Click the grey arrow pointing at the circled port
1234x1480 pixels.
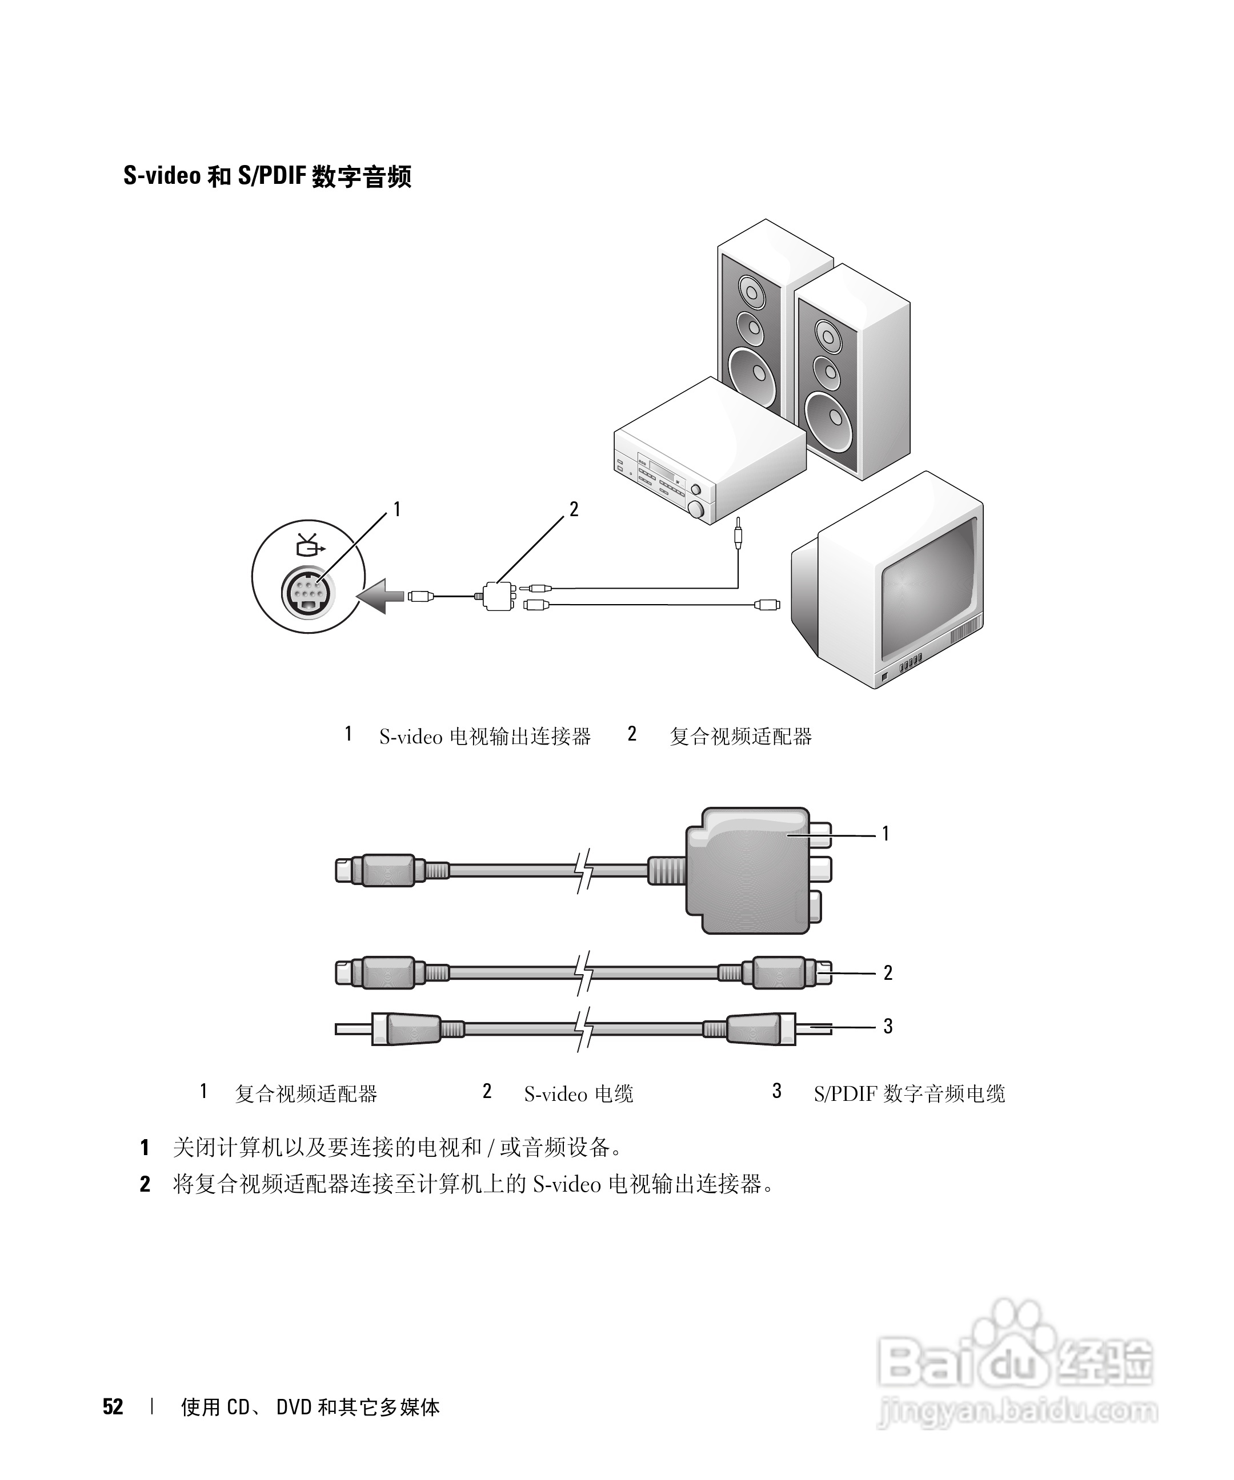click(x=381, y=596)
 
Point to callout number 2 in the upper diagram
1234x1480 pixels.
click(x=573, y=509)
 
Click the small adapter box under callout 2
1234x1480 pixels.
click(x=498, y=596)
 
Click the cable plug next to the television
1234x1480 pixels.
click(x=767, y=604)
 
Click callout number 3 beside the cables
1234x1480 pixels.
click(x=888, y=1026)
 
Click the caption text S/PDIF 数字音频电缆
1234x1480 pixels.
click(x=909, y=1094)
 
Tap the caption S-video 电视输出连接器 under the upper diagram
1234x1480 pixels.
click(x=484, y=737)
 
